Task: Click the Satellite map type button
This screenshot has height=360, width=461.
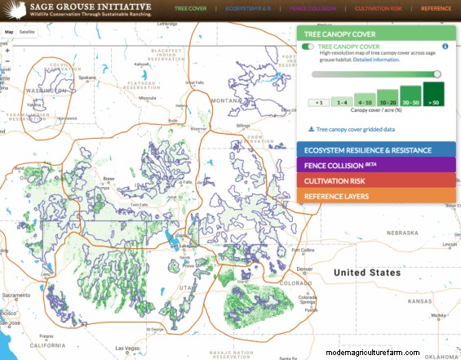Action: pyautogui.click(x=27, y=32)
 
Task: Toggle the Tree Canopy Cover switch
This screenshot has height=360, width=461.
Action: pyautogui.click(x=308, y=47)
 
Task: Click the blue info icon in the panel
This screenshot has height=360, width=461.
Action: pyautogui.click(x=445, y=47)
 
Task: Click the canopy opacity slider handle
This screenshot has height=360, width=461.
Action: pyautogui.click(x=437, y=74)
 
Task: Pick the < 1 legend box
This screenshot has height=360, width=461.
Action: pyautogui.click(x=318, y=102)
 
